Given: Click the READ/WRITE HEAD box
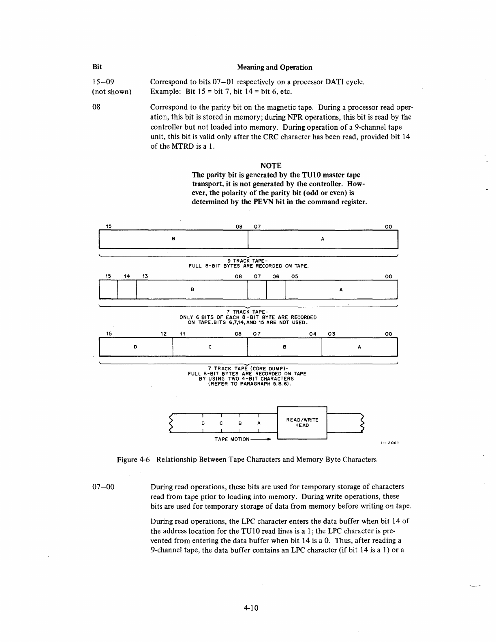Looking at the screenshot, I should [x=302, y=422].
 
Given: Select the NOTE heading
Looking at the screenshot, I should [x=271, y=165].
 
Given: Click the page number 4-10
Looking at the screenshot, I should [x=251, y=608].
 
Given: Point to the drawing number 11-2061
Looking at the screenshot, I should [x=390, y=443].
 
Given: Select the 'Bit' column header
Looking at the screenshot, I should [x=97, y=67].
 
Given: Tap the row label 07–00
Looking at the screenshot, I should [x=103, y=486].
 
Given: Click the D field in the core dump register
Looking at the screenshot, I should [x=135, y=347].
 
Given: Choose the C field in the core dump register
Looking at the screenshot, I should [x=210, y=347].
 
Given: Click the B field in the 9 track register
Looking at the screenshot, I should [x=173, y=239].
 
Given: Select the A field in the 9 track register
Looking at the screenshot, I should [x=323, y=239].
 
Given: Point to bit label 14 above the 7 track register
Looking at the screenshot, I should [x=127, y=276].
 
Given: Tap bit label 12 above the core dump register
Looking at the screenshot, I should [x=164, y=334].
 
